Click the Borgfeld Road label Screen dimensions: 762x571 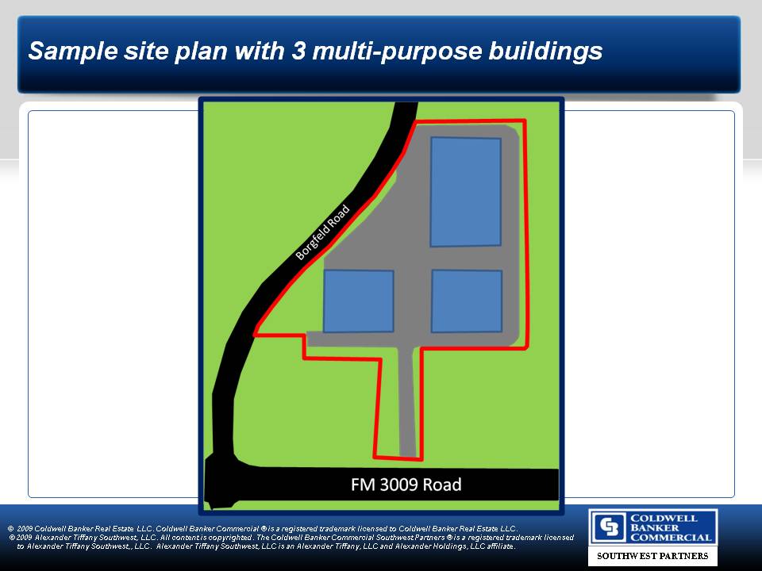point(323,232)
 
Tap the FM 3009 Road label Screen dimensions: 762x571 point(406,485)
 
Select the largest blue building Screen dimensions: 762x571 point(466,192)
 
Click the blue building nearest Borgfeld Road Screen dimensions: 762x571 point(359,301)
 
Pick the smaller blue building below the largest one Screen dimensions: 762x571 point(467,301)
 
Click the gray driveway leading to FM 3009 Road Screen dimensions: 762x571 point(407,401)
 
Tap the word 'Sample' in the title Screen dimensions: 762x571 point(73,52)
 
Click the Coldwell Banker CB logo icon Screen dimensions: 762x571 point(609,527)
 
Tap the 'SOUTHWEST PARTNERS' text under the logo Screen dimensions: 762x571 point(652,556)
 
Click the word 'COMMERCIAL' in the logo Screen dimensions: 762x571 point(672,538)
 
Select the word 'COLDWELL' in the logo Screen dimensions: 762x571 point(664,518)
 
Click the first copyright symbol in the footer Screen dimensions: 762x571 point(10,528)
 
